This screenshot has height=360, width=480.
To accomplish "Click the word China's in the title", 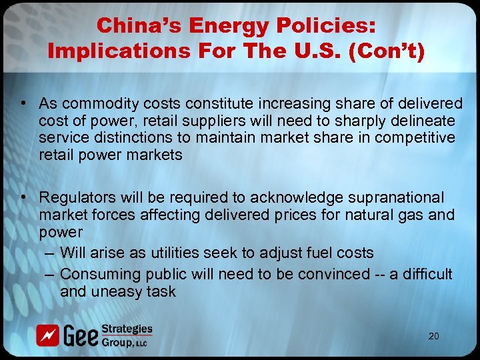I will click(137, 26).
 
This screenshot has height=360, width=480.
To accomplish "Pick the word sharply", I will click(356, 120).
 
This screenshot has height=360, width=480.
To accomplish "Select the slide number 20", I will click(433, 336).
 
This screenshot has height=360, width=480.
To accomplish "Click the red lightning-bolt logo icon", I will click(47, 335).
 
